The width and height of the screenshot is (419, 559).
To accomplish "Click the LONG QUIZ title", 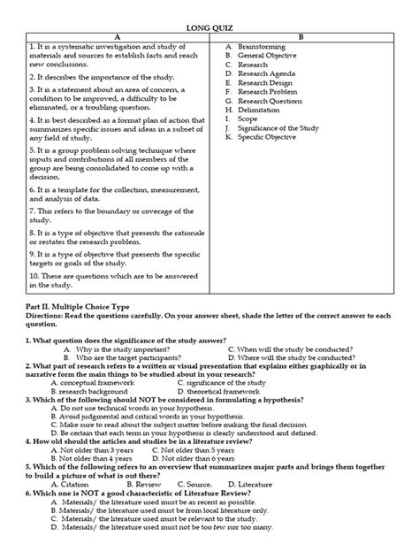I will (209, 26).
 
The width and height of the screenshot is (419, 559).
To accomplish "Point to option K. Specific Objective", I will (269, 136).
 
